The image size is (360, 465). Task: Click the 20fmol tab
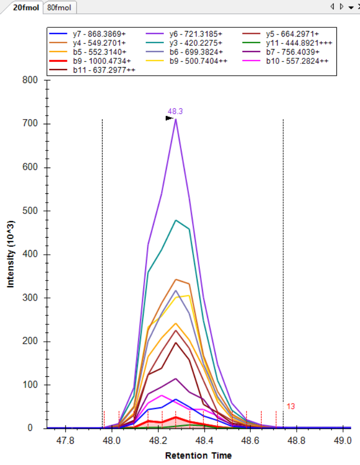pyautogui.click(x=26, y=8)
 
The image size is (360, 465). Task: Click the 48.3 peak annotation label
pyautogui.click(x=176, y=111)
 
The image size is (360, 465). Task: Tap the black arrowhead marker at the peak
pyautogui.click(x=169, y=118)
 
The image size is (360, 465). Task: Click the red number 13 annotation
pyautogui.click(x=291, y=407)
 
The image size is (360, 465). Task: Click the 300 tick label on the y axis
pyautogui.click(x=31, y=298)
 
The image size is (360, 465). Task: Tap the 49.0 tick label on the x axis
pyautogui.click(x=342, y=440)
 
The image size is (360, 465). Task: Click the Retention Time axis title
pyautogui.click(x=198, y=456)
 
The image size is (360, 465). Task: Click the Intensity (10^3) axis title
pyautogui.click(x=11, y=255)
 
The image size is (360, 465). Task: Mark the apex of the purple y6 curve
pyautogui.click(x=176, y=120)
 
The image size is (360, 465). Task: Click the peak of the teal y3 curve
pyautogui.click(x=176, y=220)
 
